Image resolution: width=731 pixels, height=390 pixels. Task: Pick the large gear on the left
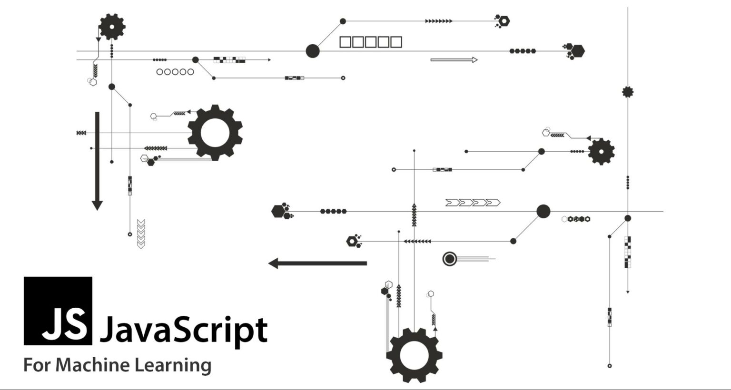[x=215, y=133]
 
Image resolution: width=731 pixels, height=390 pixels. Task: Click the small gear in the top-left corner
[x=112, y=27]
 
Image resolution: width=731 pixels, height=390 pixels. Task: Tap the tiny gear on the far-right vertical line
[x=628, y=92]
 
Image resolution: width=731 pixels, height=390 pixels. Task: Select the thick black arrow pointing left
[x=317, y=263]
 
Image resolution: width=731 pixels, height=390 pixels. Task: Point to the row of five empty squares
[x=370, y=42]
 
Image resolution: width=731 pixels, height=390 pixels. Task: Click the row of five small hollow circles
[x=175, y=72]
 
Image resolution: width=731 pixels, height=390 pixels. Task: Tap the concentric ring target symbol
[x=449, y=259]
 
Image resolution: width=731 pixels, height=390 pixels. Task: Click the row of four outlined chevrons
[x=473, y=203]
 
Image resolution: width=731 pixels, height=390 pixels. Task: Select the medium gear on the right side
[x=601, y=152]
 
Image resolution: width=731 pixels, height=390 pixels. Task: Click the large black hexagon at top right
[x=578, y=50]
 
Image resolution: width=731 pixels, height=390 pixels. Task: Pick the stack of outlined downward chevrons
[x=141, y=234]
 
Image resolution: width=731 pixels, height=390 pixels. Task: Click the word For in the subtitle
[x=37, y=365]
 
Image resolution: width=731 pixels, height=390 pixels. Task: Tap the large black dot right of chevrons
[x=543, y=211]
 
